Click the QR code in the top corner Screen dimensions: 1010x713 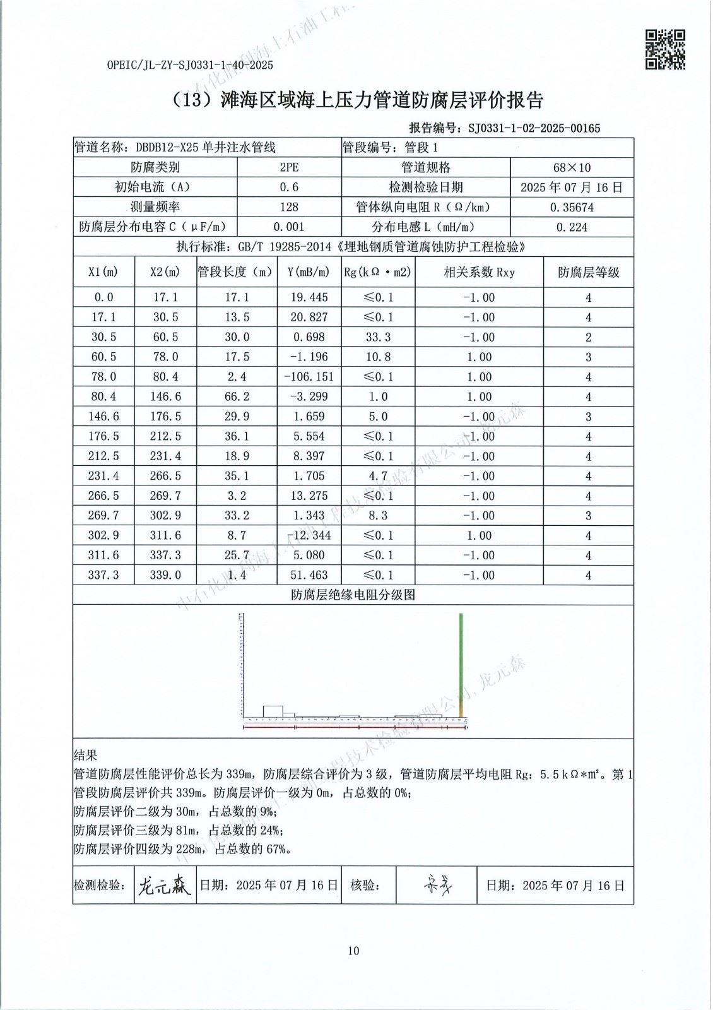(664, 49)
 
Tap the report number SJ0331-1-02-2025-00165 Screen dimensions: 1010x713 (534, 128)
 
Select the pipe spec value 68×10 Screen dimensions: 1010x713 (571, 167)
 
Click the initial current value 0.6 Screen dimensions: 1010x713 (289, 187)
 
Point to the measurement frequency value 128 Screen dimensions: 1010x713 (289, 207)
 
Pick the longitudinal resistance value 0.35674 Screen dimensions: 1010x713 (571, 207)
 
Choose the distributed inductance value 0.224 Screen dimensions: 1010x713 (571, 227)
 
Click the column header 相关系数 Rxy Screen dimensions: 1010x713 (479, 272)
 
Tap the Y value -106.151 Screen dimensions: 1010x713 (309, 377)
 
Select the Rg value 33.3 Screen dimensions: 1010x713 (378, 337)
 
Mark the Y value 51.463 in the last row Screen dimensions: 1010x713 (309, 575)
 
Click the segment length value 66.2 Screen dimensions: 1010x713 (237, 396)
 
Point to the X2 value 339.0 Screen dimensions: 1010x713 (165, 575)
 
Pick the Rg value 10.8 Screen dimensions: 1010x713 (378, 357)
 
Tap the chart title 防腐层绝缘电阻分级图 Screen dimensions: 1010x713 (353, 595)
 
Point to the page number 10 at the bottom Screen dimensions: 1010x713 (353, 951)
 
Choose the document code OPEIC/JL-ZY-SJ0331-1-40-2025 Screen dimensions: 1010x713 (190, 65)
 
